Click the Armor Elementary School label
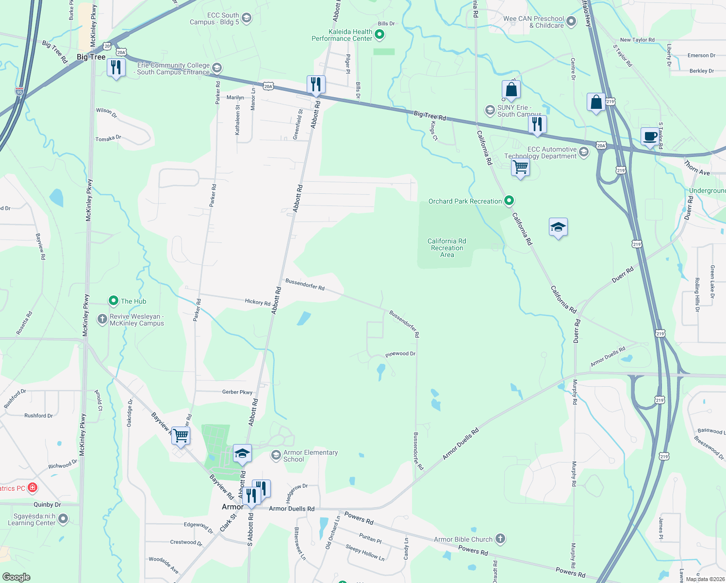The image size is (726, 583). coord(310,456)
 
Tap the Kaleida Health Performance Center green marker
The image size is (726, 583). coord(380,34)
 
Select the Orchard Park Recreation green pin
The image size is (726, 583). coord(509,200)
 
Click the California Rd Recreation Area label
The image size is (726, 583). coord(446,248)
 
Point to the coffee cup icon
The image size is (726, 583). coord(649,137)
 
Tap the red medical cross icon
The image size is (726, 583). coord(33,487)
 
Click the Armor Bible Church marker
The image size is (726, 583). coord(500,539)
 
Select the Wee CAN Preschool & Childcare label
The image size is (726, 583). coord(533,22)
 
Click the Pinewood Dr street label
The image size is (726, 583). coord(400,354)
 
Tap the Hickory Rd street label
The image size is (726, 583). coord(257,302)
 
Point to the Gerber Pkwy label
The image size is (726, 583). coord(237,392)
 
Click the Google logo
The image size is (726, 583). coord(16,577)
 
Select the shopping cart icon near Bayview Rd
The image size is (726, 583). coord(181,435)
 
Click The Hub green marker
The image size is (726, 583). coord(114,301)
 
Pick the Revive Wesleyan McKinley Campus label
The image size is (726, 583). coord(137,320)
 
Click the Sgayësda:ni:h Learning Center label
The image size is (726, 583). coord(32,519)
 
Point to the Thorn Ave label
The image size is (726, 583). coord(697,168)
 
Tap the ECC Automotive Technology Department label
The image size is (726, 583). coord(540,153)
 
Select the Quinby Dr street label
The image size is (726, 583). coord(47,505)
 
